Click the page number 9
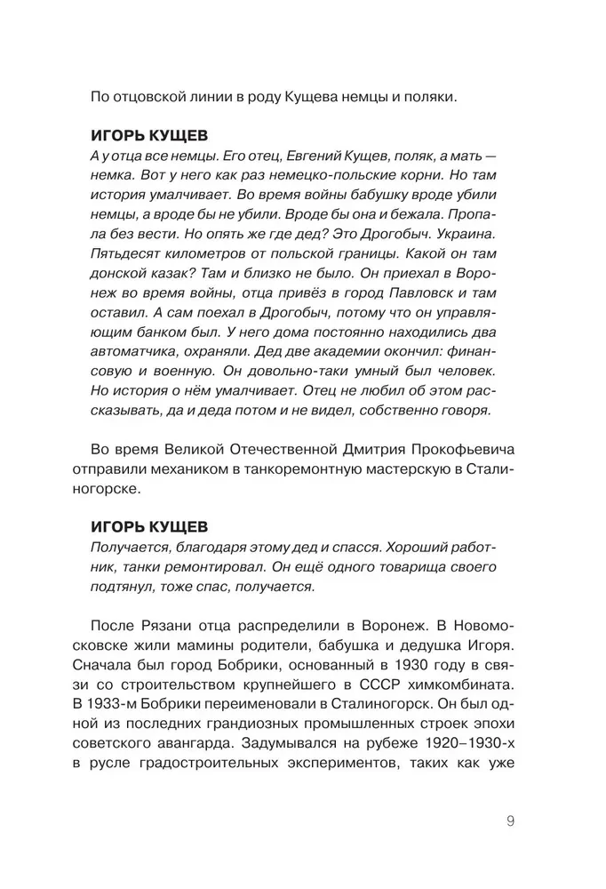(510, 821)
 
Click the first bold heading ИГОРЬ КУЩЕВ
(150, 135)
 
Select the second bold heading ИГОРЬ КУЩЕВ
(150, 525)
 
